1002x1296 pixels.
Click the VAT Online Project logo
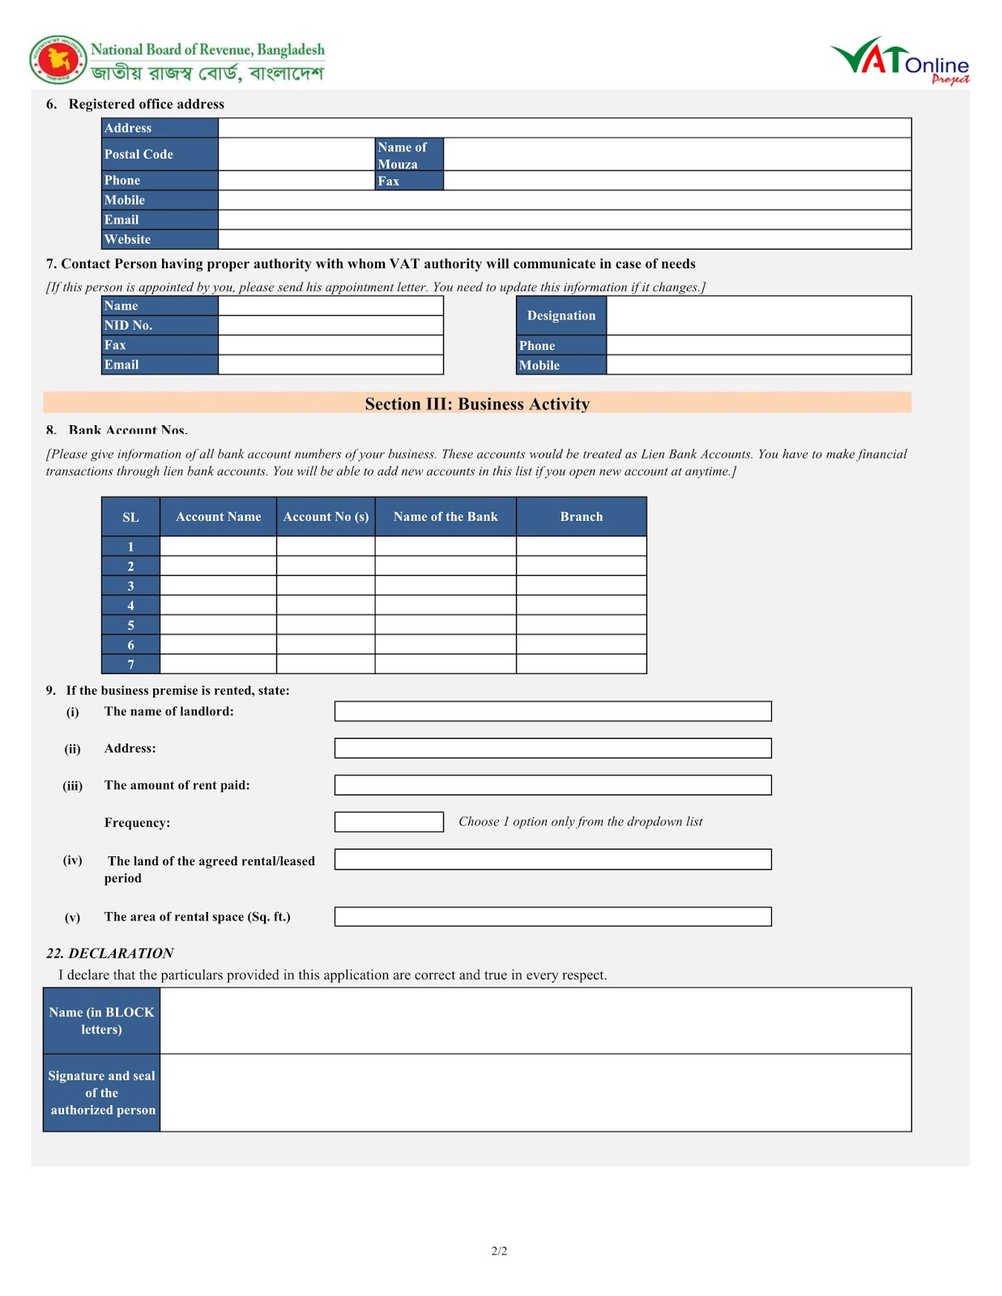click(900, 61)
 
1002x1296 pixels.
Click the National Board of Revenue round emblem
click(58, 60)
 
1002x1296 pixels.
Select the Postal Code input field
click(296, 154)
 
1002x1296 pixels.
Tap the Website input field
click(564, 240)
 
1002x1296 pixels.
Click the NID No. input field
click(330, 326)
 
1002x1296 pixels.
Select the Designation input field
click(758, 316)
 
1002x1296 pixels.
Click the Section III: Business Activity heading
click(477, 403)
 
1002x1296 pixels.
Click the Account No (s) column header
click(326, 517)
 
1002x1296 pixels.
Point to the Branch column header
click(581, 517)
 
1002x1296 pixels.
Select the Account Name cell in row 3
click(218, 586)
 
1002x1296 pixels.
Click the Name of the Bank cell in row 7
click(446, 664)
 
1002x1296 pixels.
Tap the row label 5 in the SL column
click(130, 625)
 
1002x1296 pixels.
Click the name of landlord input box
click(552, 711)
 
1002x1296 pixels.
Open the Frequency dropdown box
click(389, 822)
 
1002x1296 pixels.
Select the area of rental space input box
click(552, 917)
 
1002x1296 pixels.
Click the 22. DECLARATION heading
click(109, 953)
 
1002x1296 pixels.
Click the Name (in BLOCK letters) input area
click(535, 1021)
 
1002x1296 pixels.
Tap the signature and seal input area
click(535, 1093)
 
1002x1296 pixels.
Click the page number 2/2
click(499, 1251)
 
